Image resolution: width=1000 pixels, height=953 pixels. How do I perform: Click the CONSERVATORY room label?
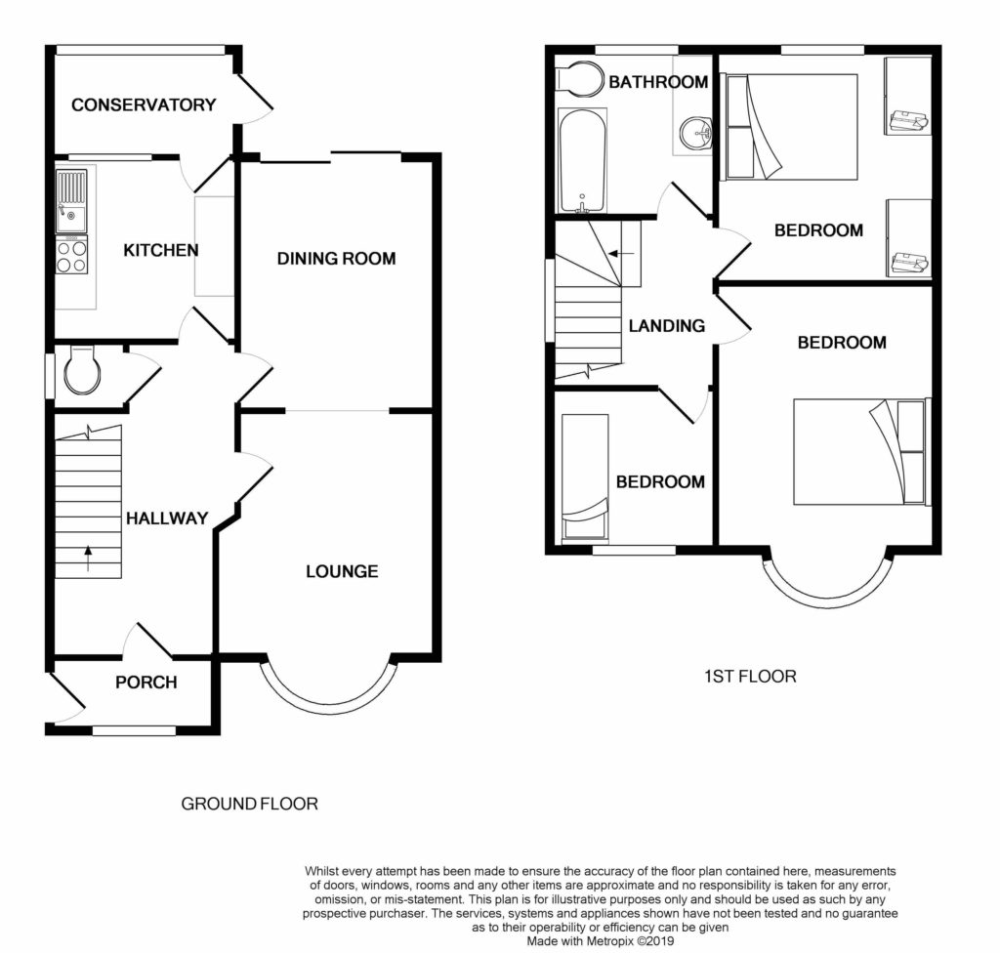[144, 104]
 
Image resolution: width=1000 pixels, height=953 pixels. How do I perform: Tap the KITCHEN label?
[161, 250]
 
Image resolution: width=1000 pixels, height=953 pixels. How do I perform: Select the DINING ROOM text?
[336, 259]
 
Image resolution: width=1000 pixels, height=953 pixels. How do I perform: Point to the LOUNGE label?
[342, 571]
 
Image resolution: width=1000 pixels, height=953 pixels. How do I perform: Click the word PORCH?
[146, 683]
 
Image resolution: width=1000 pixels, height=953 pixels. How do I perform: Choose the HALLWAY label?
[167, 518]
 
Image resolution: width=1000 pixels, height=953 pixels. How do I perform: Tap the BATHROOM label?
[658, 82]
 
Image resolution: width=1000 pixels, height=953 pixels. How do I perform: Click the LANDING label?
[666, 326]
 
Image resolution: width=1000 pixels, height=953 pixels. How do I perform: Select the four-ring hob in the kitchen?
[71, 255]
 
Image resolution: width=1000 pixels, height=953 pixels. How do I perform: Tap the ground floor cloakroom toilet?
[81, 370]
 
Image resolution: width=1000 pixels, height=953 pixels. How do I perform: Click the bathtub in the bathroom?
[581, 161]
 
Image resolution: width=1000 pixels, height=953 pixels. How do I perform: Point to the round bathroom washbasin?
[695, 134]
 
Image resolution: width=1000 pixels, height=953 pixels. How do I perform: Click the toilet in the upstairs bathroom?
[579, 79]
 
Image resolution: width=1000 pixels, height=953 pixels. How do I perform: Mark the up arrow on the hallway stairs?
[87, 559]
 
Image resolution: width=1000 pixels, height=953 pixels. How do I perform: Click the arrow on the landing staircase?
[621, 253]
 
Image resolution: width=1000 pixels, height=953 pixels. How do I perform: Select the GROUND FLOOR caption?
[249, 804]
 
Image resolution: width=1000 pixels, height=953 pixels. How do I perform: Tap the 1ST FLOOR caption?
[750, 676]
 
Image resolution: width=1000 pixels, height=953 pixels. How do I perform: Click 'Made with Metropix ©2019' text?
[601, 941]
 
